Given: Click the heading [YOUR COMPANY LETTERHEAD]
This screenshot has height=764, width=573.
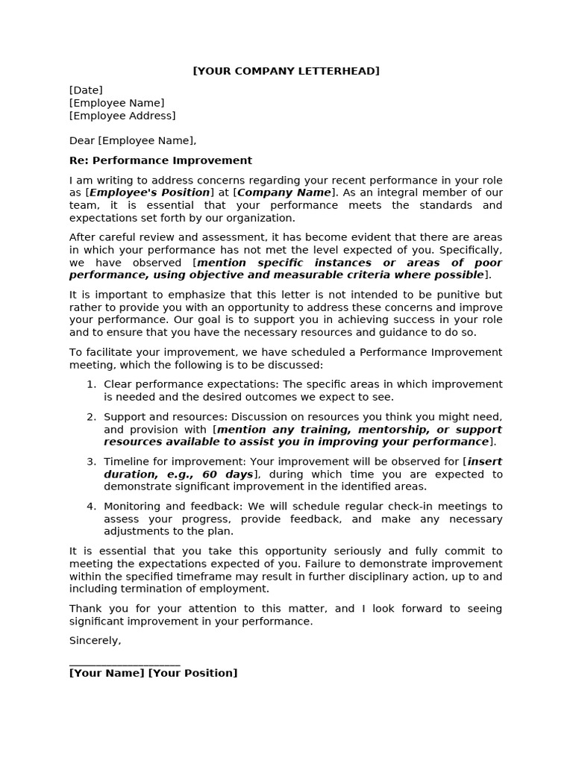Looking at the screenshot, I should (286, 71).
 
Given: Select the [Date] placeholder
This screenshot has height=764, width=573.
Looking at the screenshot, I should (86, 90).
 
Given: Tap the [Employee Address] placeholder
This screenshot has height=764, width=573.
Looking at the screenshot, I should (122, 116).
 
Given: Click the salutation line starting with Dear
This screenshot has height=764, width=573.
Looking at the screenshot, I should (133, 140).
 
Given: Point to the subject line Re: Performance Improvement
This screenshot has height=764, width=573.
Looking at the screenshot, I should (160, 160).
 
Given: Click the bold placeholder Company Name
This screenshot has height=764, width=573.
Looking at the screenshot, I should (284, 192).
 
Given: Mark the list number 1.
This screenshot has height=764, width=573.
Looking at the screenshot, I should (91, 384).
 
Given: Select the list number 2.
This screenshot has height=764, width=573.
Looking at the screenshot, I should (91, 416).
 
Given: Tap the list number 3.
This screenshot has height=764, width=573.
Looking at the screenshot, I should (91, 462).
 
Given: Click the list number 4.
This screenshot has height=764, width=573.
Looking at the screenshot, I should (91, 507).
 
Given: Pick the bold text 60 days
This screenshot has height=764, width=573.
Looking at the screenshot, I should (228, 475).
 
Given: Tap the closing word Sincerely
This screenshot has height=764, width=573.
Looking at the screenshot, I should (95, 640).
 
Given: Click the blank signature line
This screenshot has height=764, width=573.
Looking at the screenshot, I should (125, 662).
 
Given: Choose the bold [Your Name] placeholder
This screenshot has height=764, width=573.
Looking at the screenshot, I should (107, 673).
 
